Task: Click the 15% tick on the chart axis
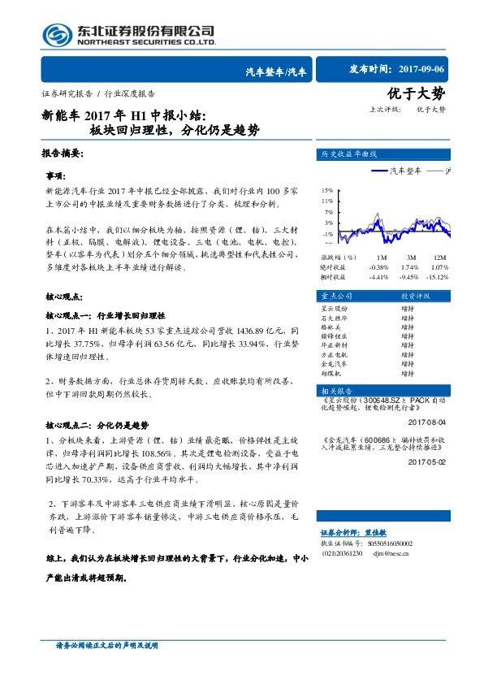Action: tap(326, 188)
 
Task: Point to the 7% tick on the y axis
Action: tap(327, 210)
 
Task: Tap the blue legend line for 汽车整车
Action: tap(380, 171)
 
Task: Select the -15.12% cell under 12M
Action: tap(439, 276)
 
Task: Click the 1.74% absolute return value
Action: tap(411, 266)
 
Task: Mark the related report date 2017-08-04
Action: tap(427, 422)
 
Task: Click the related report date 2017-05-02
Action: tap(427, 461)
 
